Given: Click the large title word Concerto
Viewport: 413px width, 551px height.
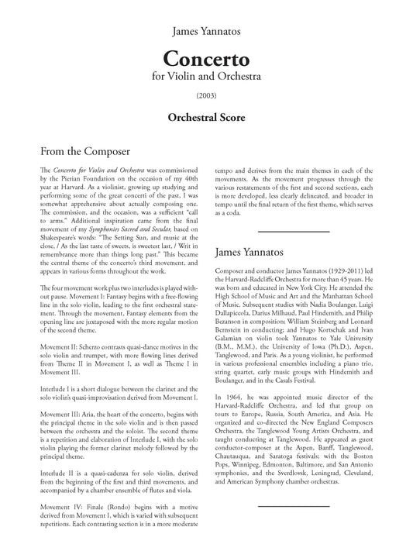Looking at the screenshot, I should [205, 59].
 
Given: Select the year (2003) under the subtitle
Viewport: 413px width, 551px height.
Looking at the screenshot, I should [205, 97].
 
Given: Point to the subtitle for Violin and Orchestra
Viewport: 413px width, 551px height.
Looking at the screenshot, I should [205, 77].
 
